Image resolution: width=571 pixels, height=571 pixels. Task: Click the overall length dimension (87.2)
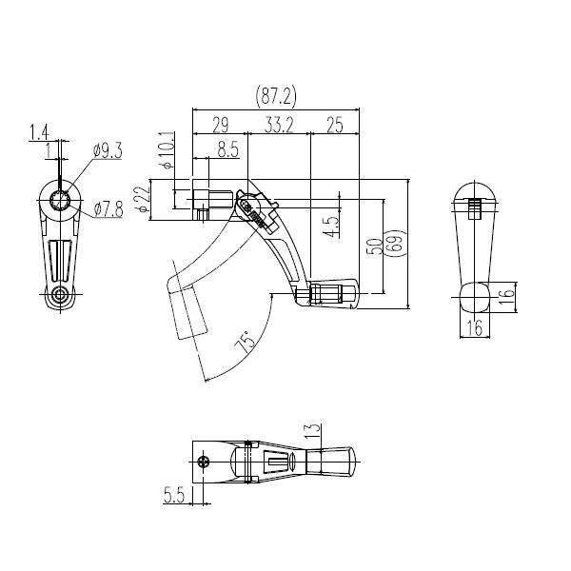pos(276,96)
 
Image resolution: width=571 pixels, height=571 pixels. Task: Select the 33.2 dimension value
pos(279,126)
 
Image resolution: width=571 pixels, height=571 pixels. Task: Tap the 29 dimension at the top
pos(221,126)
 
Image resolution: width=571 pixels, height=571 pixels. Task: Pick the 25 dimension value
pos(335,126)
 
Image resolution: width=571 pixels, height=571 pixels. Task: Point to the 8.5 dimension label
pos(228,149)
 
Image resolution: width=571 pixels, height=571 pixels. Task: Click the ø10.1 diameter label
pos(167,150)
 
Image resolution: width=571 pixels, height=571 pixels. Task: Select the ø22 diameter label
pos(143,199)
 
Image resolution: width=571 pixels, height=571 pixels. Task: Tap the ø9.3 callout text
pos(108,150)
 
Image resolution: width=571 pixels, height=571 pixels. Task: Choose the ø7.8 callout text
pos(108,209)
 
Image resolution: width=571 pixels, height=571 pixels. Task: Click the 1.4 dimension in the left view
pos(39,132)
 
